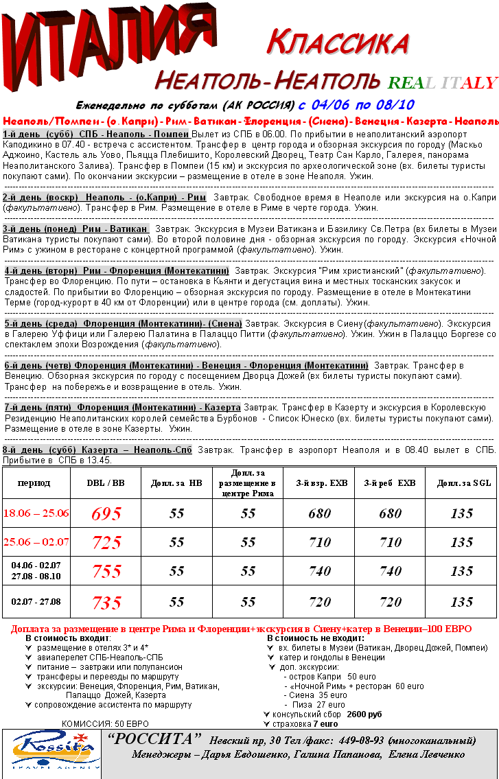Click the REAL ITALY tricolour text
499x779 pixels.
441,83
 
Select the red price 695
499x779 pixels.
106,513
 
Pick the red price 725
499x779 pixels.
106,542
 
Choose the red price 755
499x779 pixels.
106,571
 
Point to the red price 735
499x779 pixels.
106,603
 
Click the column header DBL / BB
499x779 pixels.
106,483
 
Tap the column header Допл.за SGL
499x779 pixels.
464,483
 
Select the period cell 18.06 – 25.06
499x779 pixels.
36,513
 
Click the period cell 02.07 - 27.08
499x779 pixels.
36,602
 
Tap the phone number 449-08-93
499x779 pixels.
358,741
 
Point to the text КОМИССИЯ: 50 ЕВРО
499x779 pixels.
105,723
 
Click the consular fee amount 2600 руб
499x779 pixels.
364,714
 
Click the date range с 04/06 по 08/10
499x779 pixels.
356,105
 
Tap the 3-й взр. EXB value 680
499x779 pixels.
320,513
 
